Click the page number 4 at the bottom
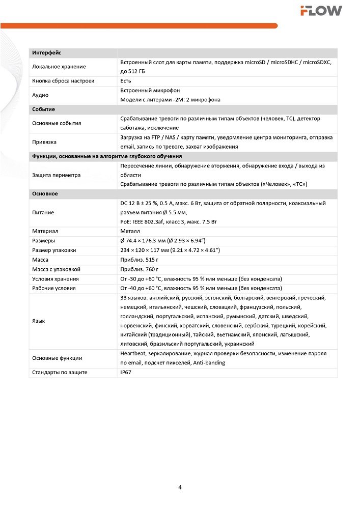click(180, 487)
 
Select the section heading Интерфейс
click(47, 53)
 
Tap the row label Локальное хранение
click(59, 67)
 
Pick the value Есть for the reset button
click(126, 80)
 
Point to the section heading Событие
click(43, 109)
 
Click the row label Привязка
click(44, 142)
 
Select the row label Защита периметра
click(56, 175)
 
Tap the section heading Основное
click(45, 193)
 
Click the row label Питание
click(43, 212)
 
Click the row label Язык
click(39, 321)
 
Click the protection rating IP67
click(126, 372)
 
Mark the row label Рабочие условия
click(54, 288)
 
